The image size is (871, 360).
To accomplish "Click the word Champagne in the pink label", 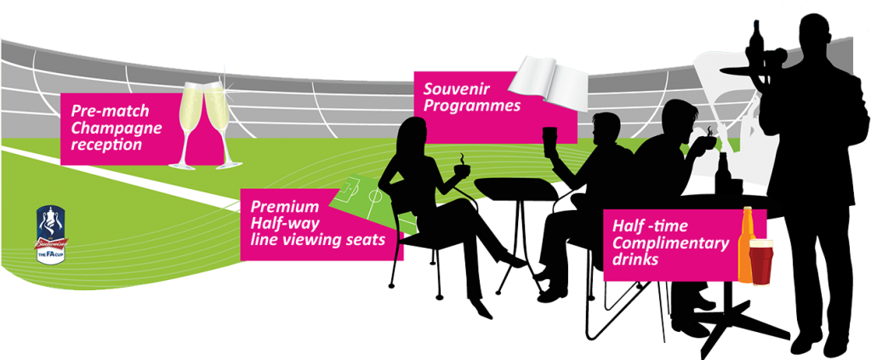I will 108,129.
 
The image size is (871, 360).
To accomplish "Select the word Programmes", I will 473,108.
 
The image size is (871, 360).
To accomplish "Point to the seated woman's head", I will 412,134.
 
